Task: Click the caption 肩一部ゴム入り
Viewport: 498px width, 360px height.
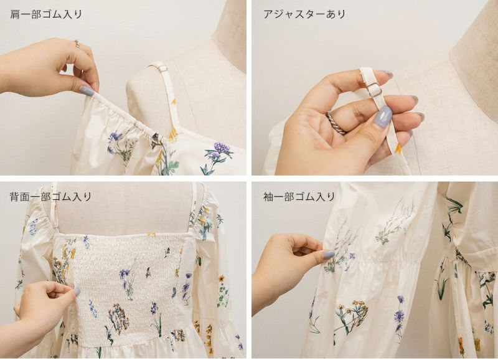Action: (x=45, y=14)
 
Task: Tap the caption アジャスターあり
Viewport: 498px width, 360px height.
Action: (x=304, y=14)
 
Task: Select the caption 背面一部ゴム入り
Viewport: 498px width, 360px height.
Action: (x=50, y=196)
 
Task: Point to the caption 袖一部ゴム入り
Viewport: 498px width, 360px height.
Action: (x=299, y=196)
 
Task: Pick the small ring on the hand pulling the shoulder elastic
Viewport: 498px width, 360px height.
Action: (x=77, y=44)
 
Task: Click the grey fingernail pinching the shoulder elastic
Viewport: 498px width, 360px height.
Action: (x=86, y=90)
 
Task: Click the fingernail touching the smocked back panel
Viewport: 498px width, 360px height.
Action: (x=77, y=291)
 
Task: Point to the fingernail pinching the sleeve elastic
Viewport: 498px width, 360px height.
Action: (x=328, y=255)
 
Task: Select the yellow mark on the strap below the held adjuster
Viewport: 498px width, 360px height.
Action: (x=397, y=148)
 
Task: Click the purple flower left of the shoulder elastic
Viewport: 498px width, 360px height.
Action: (x=115, y=138)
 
